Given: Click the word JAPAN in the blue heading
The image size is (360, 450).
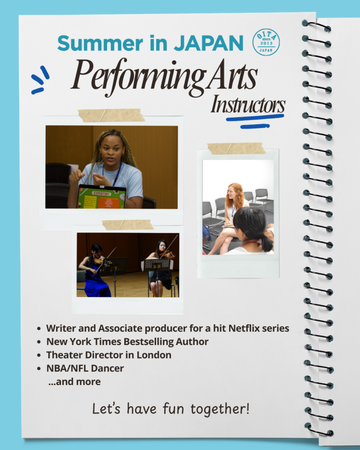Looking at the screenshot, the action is click(209, 44).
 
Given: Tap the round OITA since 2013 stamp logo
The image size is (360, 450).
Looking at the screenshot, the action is click(266, 42).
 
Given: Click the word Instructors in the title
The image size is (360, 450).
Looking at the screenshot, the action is click(248, 105).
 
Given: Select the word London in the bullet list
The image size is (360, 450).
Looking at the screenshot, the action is click(154, 355).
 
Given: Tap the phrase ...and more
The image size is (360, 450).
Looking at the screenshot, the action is click(75, 382).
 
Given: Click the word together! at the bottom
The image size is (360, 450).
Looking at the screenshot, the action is click(220, 409).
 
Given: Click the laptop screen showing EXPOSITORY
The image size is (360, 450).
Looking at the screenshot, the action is click(102, 197).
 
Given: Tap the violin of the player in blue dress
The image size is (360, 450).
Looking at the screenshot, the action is click(99, 260).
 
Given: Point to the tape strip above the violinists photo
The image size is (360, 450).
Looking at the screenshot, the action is click(128, 225).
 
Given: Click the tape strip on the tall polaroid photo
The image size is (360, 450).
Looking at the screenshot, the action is click(236, 149).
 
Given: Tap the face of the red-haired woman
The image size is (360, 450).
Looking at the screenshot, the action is click(231, 194).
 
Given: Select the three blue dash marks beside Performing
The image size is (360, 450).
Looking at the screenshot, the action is click(40, 80).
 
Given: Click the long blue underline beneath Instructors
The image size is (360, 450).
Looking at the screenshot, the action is click(255, 118).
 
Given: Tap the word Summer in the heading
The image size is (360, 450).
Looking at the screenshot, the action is click(100, 44).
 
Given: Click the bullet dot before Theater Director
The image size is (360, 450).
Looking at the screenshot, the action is click(39, 355).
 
